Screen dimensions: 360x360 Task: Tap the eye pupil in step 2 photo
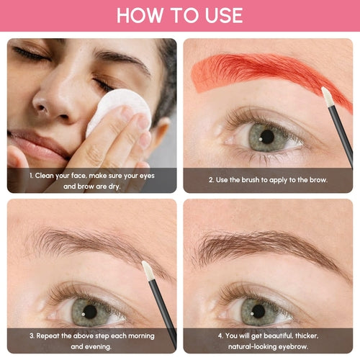(x=268, y=135)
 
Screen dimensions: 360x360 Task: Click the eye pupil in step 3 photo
(x=89, y=312)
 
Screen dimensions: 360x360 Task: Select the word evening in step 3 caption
(x=108, y=346)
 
